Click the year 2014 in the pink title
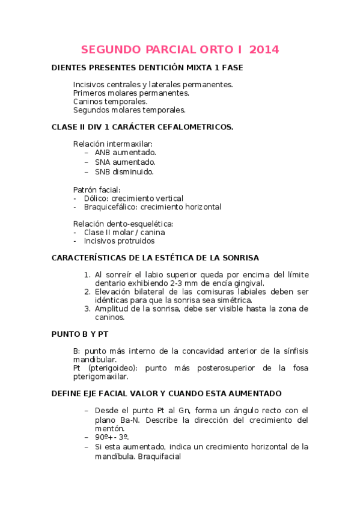264,50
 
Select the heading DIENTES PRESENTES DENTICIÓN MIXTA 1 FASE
147,68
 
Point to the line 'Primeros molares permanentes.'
131,93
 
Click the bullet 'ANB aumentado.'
125,153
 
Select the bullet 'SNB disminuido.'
124,171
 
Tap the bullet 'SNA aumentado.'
125,162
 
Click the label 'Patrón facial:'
97,189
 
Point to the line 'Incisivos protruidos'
119,241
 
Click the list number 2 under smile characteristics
88,292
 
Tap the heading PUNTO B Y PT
81,334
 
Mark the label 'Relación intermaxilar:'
113,144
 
